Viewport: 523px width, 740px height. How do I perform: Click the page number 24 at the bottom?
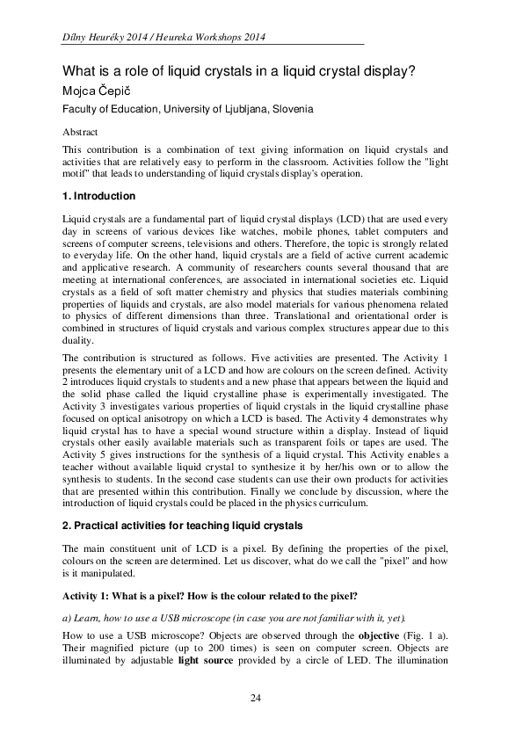(256, 699)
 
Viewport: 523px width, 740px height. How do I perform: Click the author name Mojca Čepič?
(100, 91)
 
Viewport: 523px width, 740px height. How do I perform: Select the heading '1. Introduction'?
(98, 195)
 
